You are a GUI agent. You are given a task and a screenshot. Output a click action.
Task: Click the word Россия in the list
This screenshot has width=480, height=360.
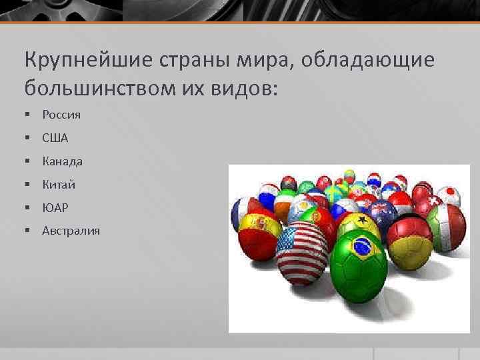click(61, 115)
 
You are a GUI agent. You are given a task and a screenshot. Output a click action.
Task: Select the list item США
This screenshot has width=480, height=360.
click(55, 138)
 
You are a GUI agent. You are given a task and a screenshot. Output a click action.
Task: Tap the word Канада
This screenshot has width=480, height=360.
click(62, 161)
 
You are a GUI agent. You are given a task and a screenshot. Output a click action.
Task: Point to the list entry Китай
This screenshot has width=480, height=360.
click(59, 185)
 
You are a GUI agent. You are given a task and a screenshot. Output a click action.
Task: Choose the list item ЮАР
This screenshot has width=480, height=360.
click(55, 208)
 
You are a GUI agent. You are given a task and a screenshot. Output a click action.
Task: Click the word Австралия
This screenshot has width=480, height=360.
click(71, 231)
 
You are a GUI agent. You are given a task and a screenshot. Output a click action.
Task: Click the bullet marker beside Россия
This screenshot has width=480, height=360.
click(27, 115)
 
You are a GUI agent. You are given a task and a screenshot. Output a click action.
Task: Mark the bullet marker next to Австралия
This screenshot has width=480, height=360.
click(27, 231)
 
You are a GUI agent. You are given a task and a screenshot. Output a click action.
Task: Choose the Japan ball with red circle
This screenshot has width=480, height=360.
click(450, 193)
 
